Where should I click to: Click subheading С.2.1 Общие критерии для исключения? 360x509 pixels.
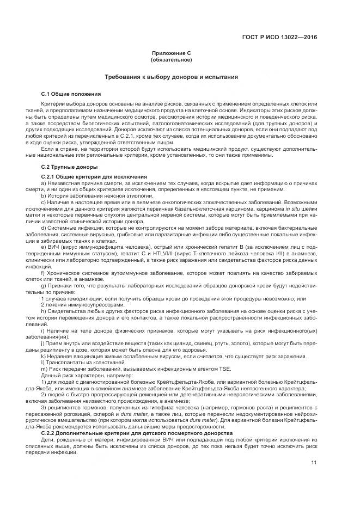click(x=94, y=177)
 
